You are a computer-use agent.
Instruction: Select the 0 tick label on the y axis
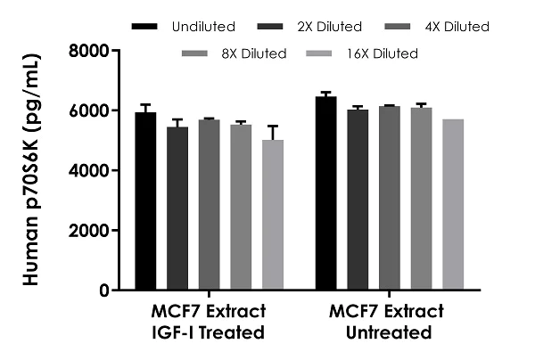(103, 290)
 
